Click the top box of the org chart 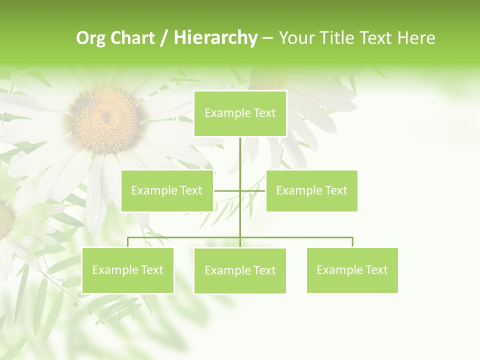(240, 113)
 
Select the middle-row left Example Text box (167, 190)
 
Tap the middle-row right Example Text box (311, 190)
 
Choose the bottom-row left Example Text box (127, 270)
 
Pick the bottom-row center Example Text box (240, 270)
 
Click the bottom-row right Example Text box (352, 270)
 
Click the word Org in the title (90, 38)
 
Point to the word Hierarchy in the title (215, 38)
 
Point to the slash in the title (164, 38)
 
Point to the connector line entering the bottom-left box (127, 242)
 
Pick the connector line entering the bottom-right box (352, 242)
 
